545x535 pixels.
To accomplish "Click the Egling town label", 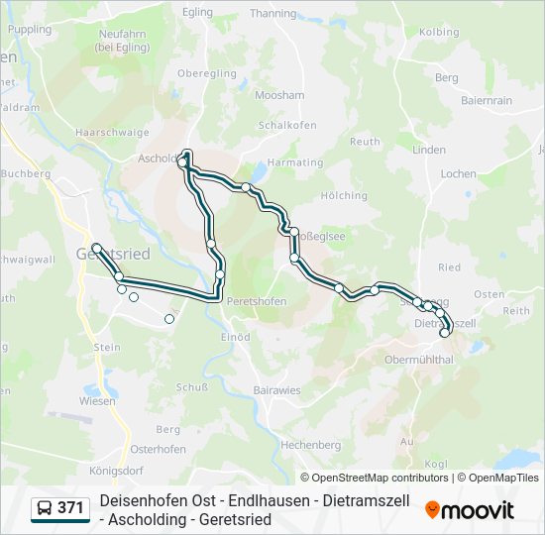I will tap(198, 12).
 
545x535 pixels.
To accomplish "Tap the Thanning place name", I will tap(272, 14).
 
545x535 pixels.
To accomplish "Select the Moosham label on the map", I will tap(279, 95).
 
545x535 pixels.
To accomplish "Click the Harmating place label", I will tap(295, 162).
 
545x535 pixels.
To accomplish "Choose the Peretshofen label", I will tap(257, 301).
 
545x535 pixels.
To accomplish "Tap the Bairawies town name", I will tap(276, 390).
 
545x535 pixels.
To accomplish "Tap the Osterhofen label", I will tap(158, 449).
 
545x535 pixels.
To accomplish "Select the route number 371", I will tap(71, 508).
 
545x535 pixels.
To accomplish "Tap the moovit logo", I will tap(470, 510).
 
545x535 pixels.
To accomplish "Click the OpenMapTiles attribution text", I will tap(503, 478).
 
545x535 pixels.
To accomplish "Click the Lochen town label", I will tap(458, 173).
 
